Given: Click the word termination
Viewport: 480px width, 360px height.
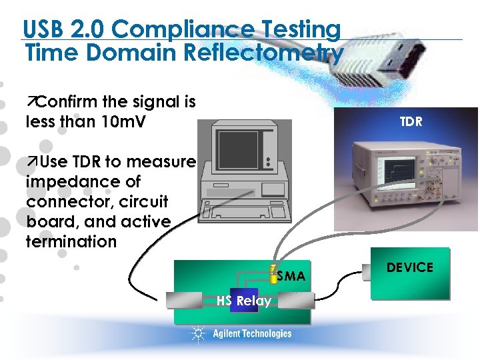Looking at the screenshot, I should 71,241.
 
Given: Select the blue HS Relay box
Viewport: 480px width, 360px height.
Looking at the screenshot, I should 243,301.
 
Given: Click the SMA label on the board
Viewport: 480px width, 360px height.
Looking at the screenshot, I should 291,276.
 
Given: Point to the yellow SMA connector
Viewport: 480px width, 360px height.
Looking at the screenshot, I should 273,276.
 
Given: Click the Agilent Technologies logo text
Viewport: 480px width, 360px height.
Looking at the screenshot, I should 252,333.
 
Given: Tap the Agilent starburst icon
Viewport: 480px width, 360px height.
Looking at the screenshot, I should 198,333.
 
